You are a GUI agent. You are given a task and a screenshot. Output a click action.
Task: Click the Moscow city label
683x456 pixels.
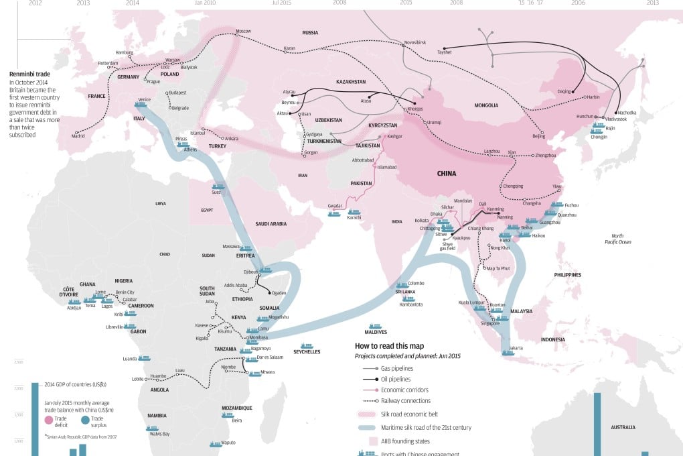click(x=242, y=32)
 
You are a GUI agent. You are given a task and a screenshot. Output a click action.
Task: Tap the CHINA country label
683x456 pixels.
click(x=446, y=173)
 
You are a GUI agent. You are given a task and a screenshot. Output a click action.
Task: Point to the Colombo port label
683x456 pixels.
click(x=415, y=283)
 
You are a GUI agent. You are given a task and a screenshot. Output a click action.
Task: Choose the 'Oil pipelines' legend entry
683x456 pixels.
click(x=395, y=379)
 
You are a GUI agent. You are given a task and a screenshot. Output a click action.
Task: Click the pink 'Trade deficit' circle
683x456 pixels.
click(x=48, y=420)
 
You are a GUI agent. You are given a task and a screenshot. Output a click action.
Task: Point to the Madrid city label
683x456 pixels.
click(x=79, y=136)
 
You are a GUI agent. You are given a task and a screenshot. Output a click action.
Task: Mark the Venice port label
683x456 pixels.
click(x=143, y=99)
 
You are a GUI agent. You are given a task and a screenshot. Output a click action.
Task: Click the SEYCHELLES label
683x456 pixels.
click(x=307, y=351)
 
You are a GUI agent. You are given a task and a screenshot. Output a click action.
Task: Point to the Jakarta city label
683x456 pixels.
click(x=515, y=348)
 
